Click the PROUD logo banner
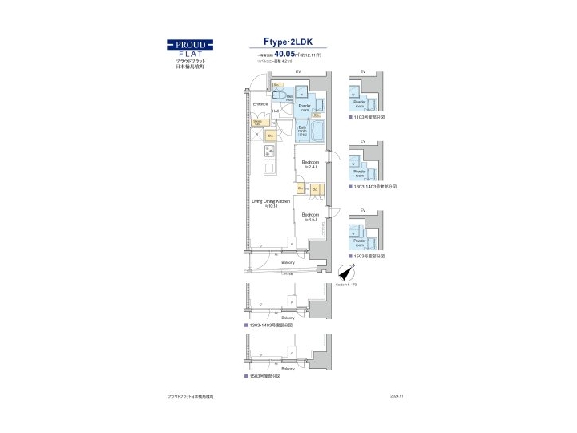point(190,45)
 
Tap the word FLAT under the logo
point(190,54)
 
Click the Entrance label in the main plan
point(260,104)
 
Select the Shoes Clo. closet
point(258,123)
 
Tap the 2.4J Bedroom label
point(310,164)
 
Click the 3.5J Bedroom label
point(310,216)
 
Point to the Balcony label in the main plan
point(288,263)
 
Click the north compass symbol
point(345,273)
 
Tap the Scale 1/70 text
point(345,285)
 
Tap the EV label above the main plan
point(297,73)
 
